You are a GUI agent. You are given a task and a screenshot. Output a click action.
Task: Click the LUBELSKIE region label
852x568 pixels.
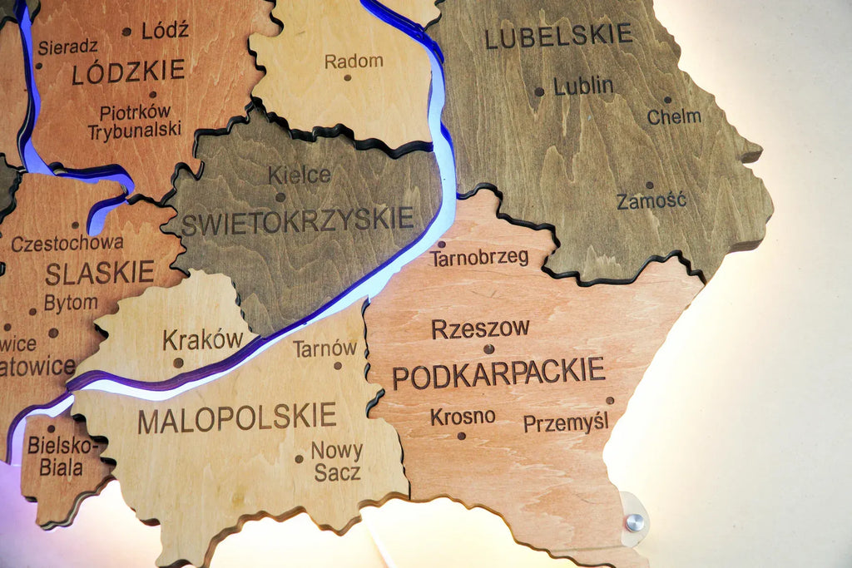[x=558, y=36]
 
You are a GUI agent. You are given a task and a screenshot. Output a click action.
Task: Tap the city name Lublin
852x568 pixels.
[x=583, y=86]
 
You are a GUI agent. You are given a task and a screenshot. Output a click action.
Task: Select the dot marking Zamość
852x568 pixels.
[x=649, y=185]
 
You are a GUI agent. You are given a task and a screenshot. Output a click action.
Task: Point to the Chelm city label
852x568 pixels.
[x=674, y=116]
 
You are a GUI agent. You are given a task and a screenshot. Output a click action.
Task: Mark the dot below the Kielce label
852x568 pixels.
[x=280, y=198]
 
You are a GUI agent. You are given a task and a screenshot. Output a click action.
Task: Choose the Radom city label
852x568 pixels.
[x=354, y=61]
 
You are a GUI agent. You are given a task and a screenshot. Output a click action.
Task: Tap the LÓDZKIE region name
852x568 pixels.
[x=128, y=72]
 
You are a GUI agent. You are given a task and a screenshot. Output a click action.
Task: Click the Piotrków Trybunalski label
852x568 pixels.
[x=134, y=121]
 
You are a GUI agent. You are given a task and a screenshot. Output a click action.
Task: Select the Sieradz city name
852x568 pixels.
[x=67, y=47]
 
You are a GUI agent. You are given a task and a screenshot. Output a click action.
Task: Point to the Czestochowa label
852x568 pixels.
[x=67, y=243]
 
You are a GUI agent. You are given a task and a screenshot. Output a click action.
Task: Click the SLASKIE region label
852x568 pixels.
[x=100, y=273]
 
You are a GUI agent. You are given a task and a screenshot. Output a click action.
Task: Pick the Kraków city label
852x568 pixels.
[x=202, y=340]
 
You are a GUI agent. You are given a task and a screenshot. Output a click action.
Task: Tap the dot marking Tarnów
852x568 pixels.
[x=338, y=365]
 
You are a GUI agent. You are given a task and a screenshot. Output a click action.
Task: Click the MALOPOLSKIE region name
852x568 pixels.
[x=237, y=418]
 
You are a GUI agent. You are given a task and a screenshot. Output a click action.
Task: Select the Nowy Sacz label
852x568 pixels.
[x=337, y=462]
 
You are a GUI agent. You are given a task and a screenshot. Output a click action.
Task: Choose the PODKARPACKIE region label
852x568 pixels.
[x=498, y=373]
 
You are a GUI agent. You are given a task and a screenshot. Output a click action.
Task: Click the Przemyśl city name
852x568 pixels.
[x=566, y=422]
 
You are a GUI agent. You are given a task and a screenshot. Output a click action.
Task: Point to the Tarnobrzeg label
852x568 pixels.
[x=479, y=258]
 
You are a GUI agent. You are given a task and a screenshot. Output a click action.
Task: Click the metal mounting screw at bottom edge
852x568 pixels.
[x=635, y=522]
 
